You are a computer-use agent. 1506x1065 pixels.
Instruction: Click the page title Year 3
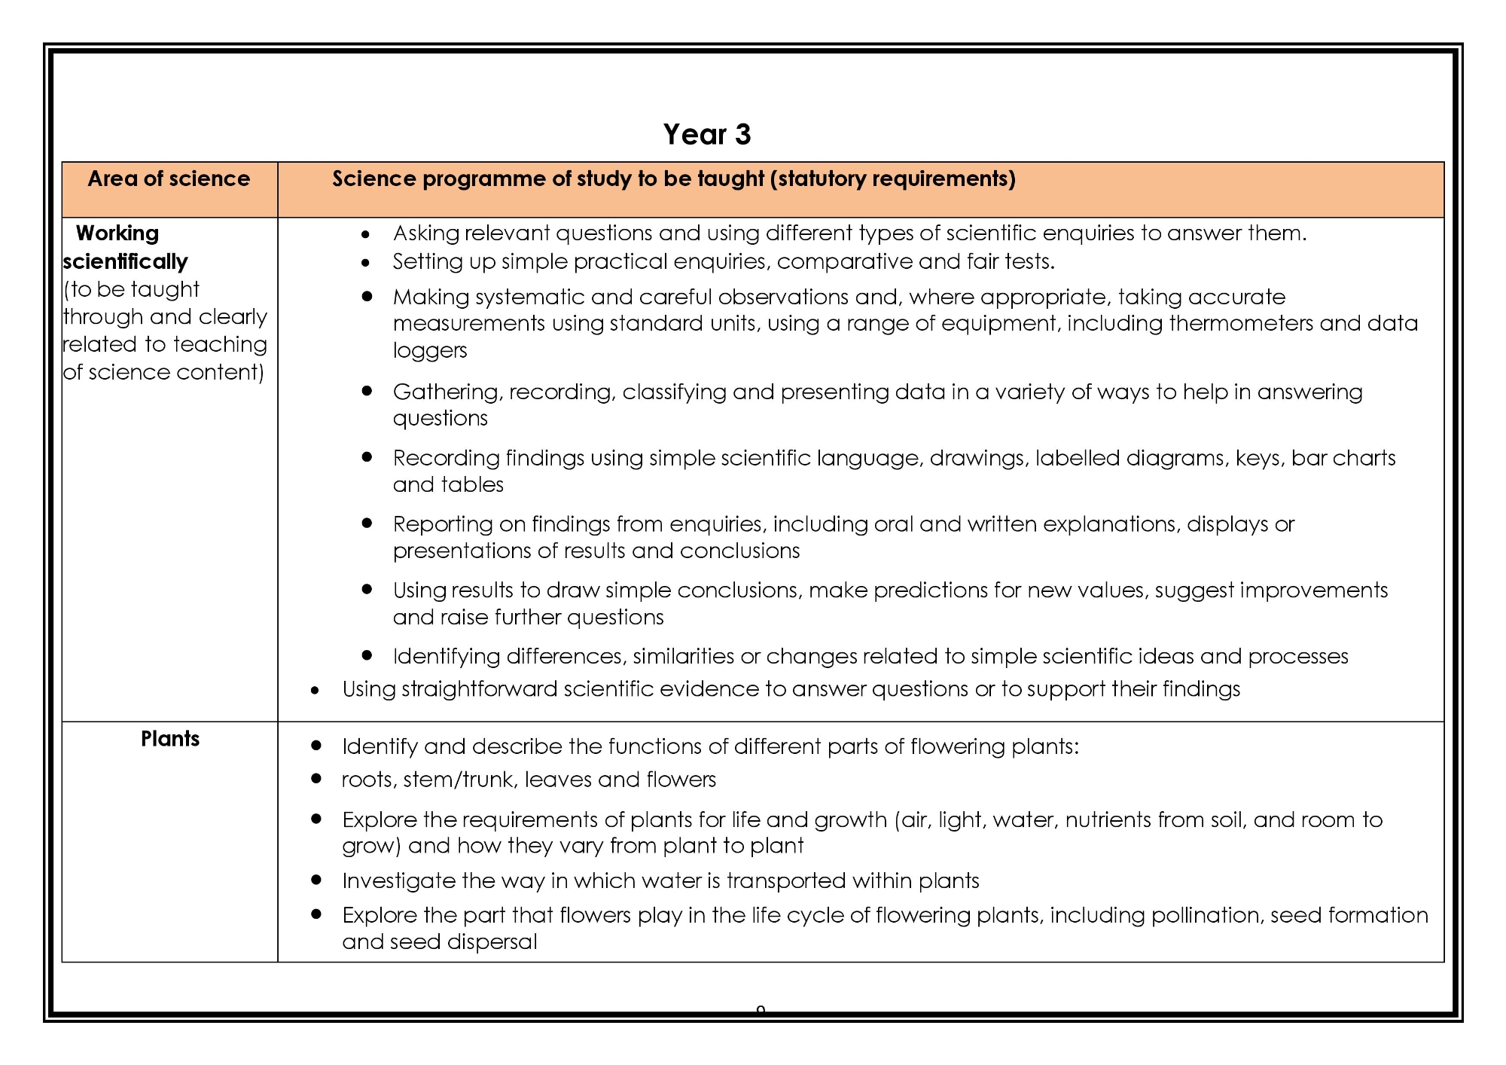pyautogui.click(x=706, y=135)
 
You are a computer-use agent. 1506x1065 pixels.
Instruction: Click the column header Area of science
pyautogui.click(x=169, y=179)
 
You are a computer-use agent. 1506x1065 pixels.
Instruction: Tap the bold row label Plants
pyautogui.click(x=170, y=739)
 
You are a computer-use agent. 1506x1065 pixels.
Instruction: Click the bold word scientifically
pyautogui.click(x=125, y=262)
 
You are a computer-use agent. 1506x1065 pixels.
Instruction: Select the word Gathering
pyautogui.click(x=448, y=392)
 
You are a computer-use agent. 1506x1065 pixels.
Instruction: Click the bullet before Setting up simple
pyautogui.click(x=366, y=263)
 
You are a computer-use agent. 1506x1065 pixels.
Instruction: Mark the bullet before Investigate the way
pyautogui.click(x=316, y=880)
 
